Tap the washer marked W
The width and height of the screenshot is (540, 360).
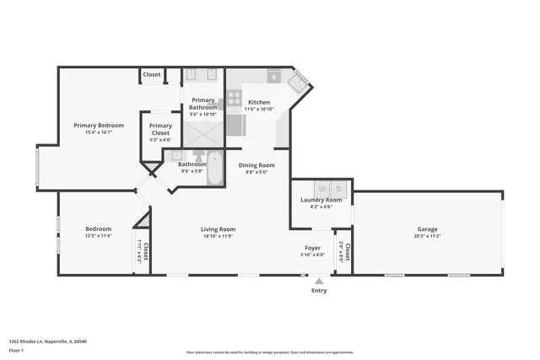coord(320,187)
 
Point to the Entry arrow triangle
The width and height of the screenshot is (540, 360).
coord(318,282)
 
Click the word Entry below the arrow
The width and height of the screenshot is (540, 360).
coord(319,291)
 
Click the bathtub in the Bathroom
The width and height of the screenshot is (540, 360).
coord(215,169)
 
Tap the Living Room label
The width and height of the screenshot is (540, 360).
coord(218,229)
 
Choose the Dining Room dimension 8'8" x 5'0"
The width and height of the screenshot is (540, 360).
coord(256,173)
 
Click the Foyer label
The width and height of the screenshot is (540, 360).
coord(313,248)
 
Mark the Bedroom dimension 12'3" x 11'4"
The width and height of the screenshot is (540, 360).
coord(98,236)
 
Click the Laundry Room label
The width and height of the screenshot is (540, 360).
coord(321,200)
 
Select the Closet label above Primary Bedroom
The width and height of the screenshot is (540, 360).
coord(152,74)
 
